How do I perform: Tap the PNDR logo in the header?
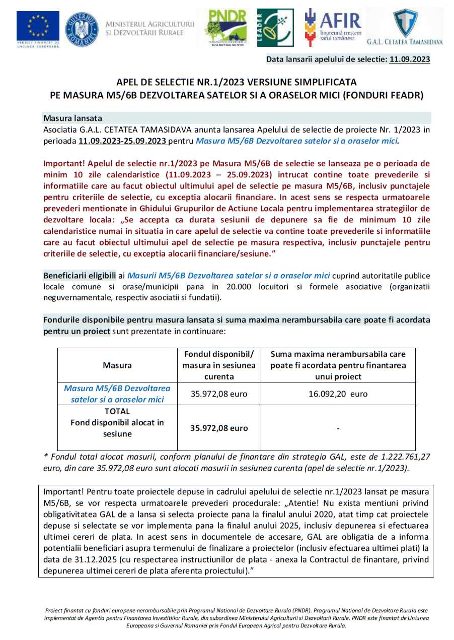(x=225, y=28)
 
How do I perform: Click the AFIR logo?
(x=333, y=25)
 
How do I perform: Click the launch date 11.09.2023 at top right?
(x=410, y=59)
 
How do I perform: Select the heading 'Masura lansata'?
(x=73, y=118)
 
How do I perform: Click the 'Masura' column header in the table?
(x=117, y=364)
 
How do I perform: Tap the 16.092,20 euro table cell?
(x=338, y=394)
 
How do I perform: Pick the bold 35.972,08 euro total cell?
(x=219, y=428)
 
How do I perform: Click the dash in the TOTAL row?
(x=338, y=428)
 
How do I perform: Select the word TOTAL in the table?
(x=117, y=411)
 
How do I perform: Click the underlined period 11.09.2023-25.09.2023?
(x=122, y=141)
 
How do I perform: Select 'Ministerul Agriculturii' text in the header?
(x=150, y=24)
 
